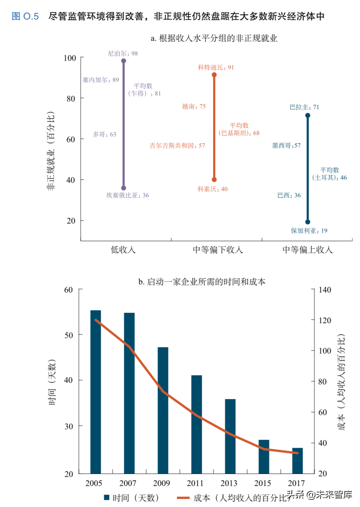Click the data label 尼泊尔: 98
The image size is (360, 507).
click(x=123, y=53)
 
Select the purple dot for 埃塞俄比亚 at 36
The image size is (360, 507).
click(x=123, y=188)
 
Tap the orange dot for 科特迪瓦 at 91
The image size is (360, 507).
click(x=214, y=75)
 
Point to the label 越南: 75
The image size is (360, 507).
click(x=194, y=106)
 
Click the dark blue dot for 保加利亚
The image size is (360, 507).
click(x=307, y=222)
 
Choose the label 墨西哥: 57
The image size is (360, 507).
click(x=286, y=146)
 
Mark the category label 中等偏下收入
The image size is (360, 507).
click(x=218, y=250)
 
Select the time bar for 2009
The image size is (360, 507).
click(x=163, y=410)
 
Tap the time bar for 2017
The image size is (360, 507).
click(x=297, y=460)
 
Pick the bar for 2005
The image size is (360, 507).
click(x=96, y=392)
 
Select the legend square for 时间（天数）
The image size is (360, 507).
click(x=107, y=497)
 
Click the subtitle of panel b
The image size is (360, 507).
click(x=202, y=282)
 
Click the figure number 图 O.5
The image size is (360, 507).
click(x=25, y=16)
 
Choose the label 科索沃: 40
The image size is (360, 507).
click(x=213, y=189)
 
